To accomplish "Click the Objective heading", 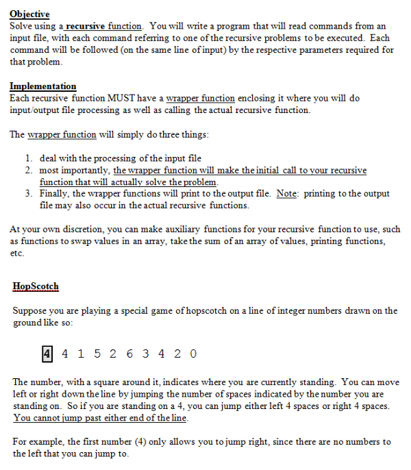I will point(29,14).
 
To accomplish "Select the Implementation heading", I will point(42,86).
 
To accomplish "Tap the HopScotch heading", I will point(36,286).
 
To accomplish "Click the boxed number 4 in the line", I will point(47,354).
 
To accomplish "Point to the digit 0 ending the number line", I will point(194,354).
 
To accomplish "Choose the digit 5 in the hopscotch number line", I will point(96,354).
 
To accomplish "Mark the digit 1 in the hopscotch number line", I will point(80,354).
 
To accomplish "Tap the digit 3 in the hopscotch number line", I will point(145,354).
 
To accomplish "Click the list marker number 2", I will point(29,170).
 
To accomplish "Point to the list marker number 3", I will point(29,194).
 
